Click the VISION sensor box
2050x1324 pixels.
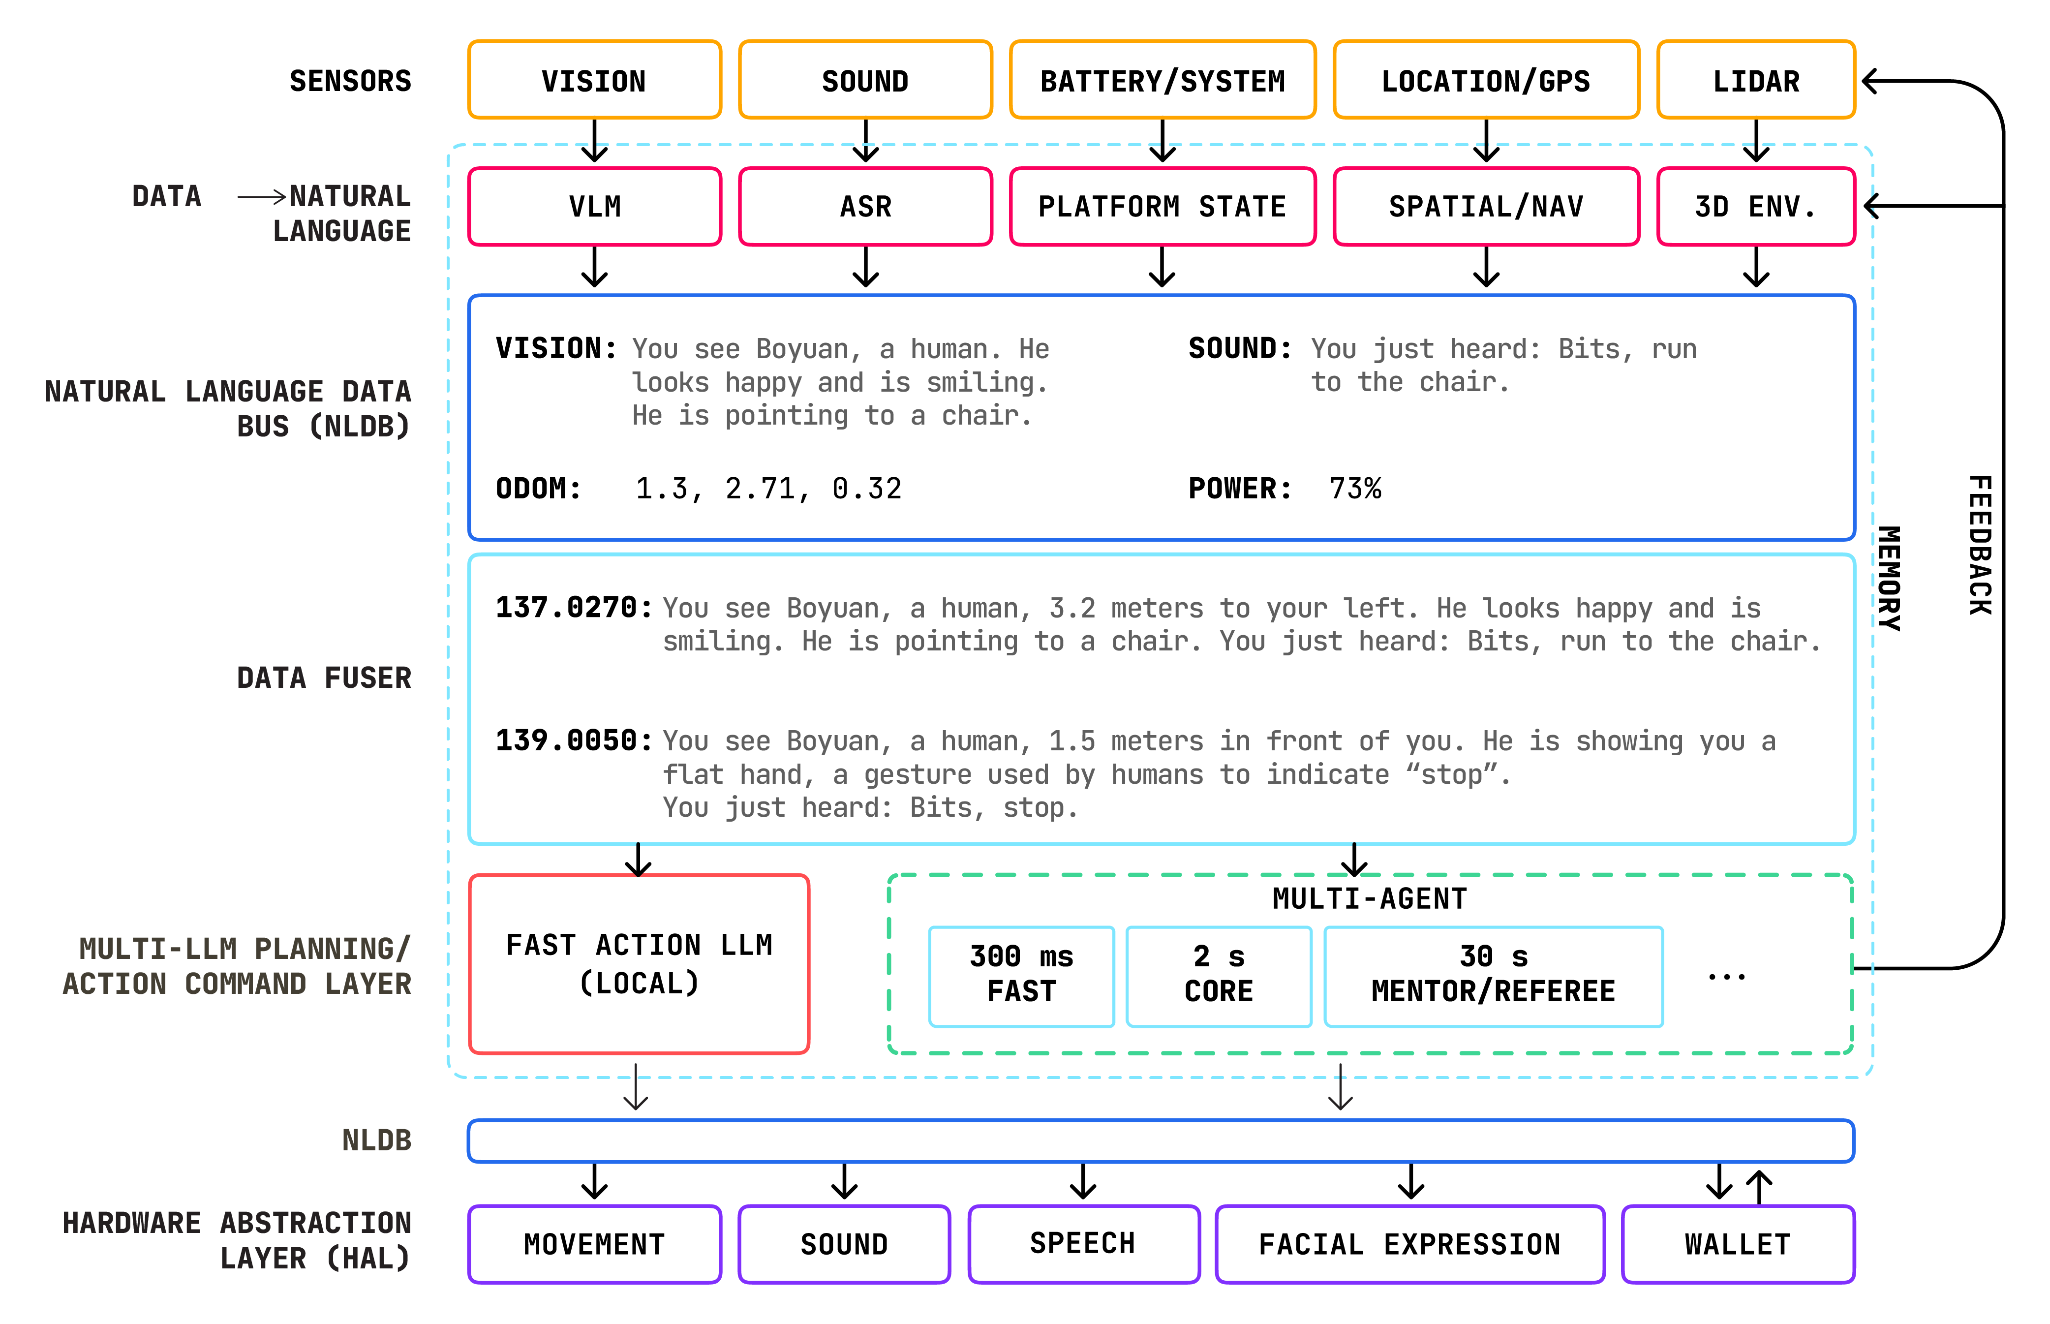594,80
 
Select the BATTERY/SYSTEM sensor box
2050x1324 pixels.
1162,80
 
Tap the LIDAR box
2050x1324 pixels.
1755,80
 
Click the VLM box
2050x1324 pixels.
594,206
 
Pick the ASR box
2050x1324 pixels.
865,206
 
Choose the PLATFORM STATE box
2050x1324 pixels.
1162,206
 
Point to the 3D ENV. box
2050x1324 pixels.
1755,206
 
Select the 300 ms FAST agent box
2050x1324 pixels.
1021,976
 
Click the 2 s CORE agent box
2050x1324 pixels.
1218,976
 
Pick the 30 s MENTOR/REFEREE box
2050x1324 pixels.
1493,976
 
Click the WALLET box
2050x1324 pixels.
1737,1244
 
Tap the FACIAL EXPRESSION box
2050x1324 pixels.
1409,1244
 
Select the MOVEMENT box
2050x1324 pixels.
594,1244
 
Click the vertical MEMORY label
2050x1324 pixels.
1889,578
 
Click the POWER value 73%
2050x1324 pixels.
1355,489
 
